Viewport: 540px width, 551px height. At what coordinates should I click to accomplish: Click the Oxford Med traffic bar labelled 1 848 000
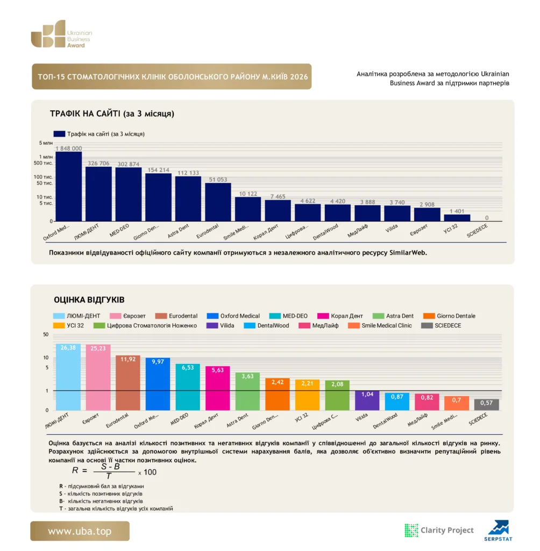point(68,186)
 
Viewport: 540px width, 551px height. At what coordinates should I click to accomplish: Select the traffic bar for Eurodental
point(218,202)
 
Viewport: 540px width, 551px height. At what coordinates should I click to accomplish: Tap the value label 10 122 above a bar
point(248,194)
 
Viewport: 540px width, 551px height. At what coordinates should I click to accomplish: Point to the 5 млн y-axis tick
point(46,143)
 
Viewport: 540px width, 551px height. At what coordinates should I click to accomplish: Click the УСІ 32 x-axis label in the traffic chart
point(450,229)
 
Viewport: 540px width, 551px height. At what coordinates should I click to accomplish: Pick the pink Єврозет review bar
point(98,377)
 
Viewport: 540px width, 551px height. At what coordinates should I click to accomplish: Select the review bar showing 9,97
point(158,384)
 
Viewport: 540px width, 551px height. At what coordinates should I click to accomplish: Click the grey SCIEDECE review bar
point(487,405)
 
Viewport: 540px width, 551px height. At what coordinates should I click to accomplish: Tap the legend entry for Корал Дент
point(340,316)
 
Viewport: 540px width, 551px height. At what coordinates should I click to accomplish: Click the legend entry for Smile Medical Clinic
point(380,326)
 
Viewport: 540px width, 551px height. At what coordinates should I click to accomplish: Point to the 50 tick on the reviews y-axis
point(46,335)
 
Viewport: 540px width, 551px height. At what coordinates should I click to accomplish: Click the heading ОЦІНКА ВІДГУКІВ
point(89,300)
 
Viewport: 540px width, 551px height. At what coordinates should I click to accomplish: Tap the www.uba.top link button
point(80,531)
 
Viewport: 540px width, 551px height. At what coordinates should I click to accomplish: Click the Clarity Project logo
point(439,530)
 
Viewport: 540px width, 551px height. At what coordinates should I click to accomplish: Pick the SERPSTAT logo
point(498,531)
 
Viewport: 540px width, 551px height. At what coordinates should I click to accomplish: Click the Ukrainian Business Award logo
point(61,34)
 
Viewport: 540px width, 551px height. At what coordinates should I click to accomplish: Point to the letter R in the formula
point(75,470)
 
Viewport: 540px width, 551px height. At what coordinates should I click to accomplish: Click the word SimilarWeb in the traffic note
point(408,253)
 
